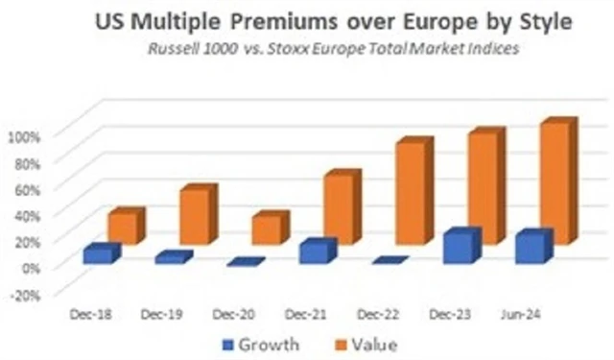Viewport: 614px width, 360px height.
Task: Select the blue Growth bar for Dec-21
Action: point(315,252)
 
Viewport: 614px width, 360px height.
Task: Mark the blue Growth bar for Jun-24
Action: point(531,248)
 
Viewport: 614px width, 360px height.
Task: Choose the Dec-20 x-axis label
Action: point(233,314)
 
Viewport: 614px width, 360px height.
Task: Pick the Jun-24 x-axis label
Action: point(518,314)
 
